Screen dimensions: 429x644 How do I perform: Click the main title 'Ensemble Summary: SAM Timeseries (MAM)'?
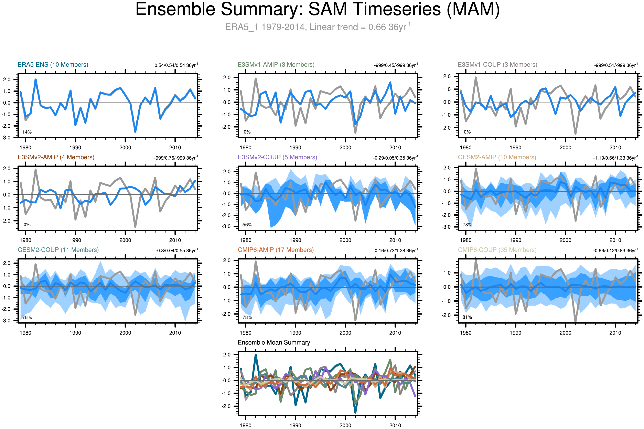[317, 10]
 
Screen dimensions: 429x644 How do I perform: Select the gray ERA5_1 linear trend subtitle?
[317, 27]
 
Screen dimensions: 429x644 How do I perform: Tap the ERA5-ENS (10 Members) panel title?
[53, 65]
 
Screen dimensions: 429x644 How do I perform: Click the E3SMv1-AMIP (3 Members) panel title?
[276, 65]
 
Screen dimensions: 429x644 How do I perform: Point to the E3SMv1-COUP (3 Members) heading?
[497, 65]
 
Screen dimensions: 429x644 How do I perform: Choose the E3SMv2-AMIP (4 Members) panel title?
[56, 157]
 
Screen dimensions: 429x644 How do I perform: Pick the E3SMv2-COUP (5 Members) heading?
[277, 157]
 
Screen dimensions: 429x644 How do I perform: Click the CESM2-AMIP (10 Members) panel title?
[497, 157]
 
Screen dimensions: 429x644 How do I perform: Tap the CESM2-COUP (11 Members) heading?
[58, 250]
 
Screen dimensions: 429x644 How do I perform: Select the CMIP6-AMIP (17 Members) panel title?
[276, 250]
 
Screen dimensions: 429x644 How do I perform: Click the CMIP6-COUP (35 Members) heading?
[497, 250]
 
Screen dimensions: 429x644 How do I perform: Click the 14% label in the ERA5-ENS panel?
[27, 132]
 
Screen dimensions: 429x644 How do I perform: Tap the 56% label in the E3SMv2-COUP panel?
[247, 225]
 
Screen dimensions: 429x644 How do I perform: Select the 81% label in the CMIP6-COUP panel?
[467, 317]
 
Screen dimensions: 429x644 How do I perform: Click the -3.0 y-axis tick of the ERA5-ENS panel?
[6, 138]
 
